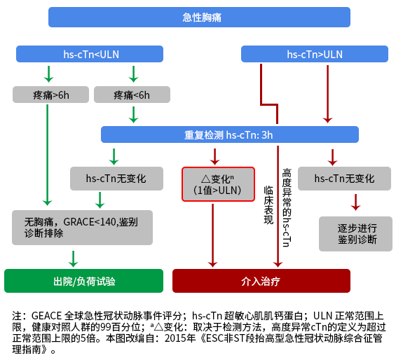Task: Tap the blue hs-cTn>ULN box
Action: pos(315,54)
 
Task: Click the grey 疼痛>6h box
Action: pos(50,95)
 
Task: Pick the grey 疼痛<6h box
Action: pos(132,95)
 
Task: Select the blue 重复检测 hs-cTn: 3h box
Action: pos(229,134)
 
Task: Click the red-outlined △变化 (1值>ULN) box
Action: pos(217,184)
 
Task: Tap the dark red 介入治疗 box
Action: pos(261,281)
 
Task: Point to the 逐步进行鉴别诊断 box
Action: pos(357,234)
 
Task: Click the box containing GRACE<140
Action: pos(82,228)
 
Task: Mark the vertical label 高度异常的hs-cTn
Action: pos(286,207)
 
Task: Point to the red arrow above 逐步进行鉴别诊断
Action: pos(356,202)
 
